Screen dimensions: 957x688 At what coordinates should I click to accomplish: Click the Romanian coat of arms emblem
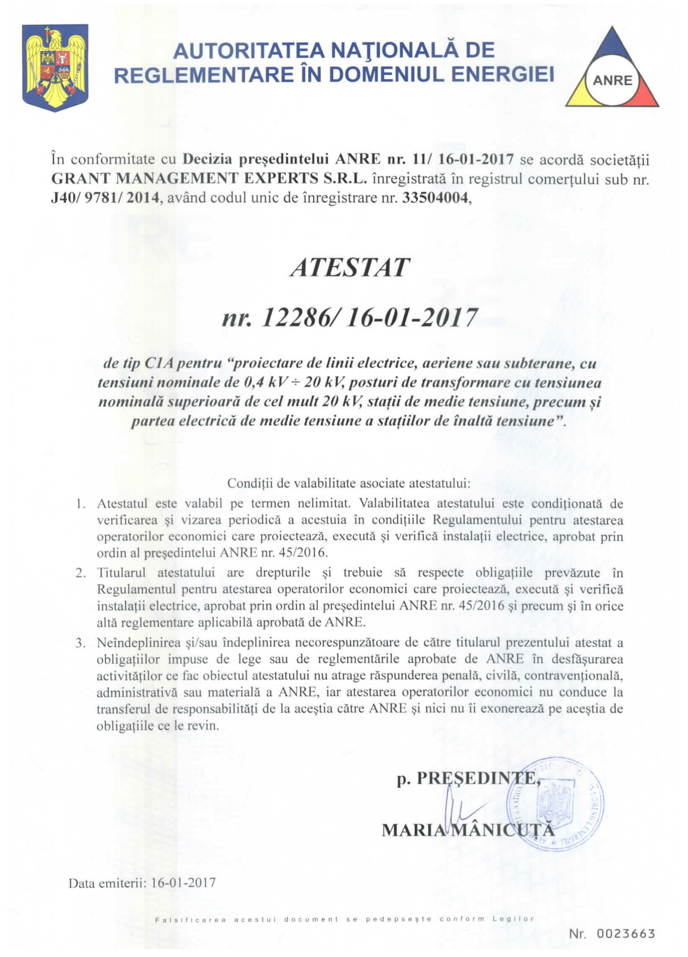coord(55,67)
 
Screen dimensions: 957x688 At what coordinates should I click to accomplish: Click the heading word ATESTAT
coord(350,267)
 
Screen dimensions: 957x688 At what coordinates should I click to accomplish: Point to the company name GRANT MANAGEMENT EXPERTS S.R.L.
coord(209,179)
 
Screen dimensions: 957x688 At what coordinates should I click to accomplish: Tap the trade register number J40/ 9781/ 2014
coord(106,198)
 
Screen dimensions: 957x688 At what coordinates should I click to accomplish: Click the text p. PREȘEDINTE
coord(467,778)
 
